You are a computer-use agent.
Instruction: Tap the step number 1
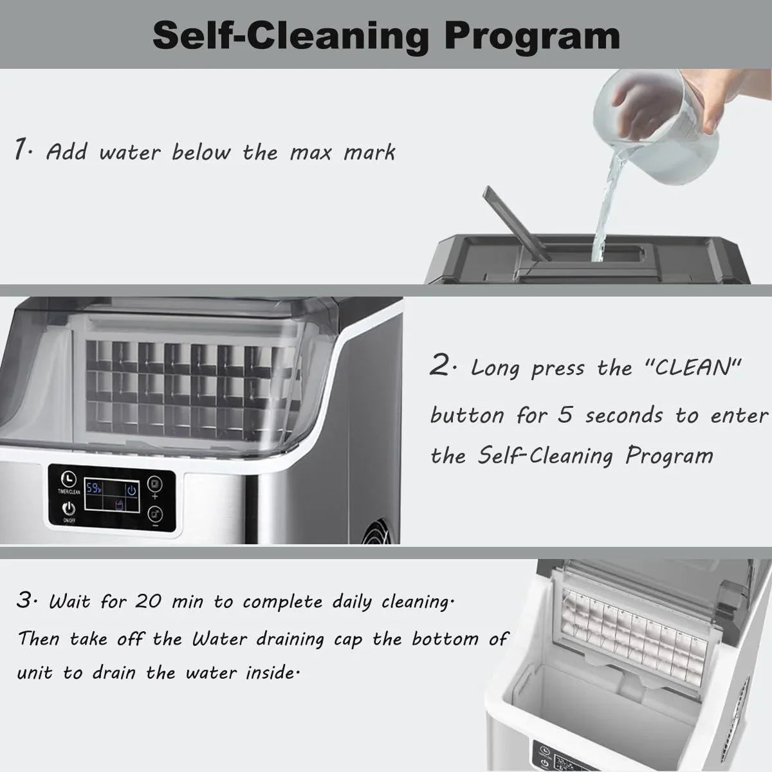(22, 150)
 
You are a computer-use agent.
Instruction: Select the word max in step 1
(311, 153)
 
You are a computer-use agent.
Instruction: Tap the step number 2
(441, 367)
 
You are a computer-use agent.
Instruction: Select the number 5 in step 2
(565, 415)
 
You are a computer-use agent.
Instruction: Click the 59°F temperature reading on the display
(94, 489)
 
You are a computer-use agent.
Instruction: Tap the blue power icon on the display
(131, 491)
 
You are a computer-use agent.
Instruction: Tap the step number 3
(24, 602)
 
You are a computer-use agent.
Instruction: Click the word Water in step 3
(219, 639)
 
